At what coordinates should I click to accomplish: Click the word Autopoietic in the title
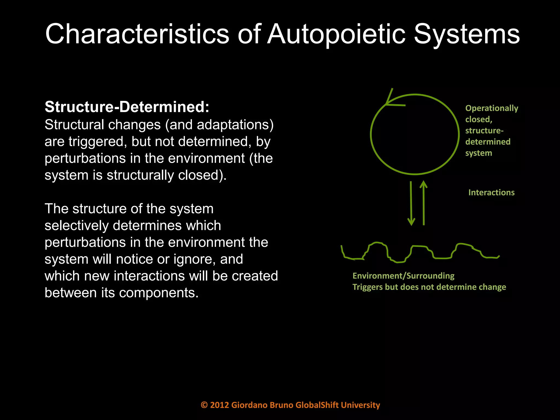tap(336, 34)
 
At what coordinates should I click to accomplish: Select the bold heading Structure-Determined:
tap(127, 107)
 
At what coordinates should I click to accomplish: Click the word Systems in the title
tap(466, 34)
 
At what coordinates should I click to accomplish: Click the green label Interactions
tap(491, 192)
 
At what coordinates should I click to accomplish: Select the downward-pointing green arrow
tap(411, 203)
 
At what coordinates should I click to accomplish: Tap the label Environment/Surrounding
tap(403, 276)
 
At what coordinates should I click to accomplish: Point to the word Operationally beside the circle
tap(492, 108)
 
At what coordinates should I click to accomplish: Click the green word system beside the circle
tap(479, 153)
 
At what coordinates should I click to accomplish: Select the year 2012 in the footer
tap(219, 405)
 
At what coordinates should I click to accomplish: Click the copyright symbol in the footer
tap(204, 405)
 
